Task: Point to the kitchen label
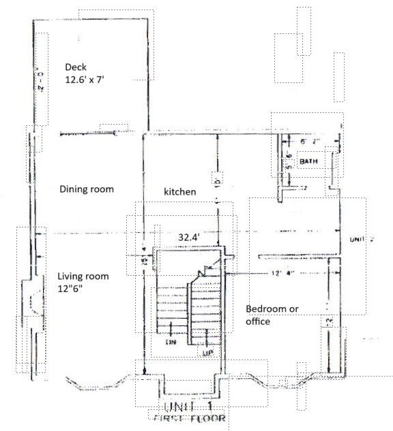tap(179, 192)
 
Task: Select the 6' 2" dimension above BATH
tap(310, 142)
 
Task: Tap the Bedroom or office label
tap(272, 315)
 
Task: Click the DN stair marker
tap(171, 342)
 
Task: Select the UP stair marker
tap(207, 353)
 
